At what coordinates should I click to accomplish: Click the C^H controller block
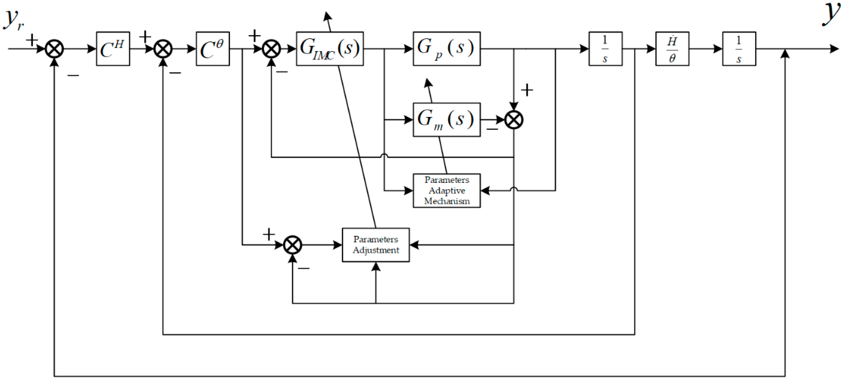(113, 49)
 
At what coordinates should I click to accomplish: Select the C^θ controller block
(213, 49)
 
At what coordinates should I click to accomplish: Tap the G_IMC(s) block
(329, 49)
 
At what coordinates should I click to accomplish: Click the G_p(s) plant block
(446, 49)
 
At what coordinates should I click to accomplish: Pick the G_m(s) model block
(446, 120)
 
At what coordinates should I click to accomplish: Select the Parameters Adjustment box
(375, 245)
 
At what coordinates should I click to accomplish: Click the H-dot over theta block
(672, 49)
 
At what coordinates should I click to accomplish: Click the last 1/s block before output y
(739, 49)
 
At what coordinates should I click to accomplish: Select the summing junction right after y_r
(54, 49)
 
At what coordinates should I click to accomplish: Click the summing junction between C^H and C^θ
(163, 49)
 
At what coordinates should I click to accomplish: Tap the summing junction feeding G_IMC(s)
(271, 49)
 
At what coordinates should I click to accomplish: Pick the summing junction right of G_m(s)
(514, 120)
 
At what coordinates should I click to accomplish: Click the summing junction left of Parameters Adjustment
(292, 245)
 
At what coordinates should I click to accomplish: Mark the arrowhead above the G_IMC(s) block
(327, 16)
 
